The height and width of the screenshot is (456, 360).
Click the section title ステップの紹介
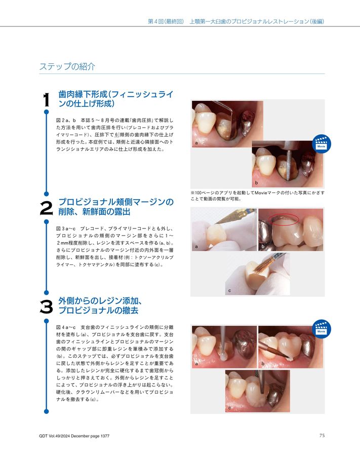point(67,67)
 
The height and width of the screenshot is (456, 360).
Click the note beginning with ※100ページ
point(257,196)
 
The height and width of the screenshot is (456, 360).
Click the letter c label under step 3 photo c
point(230,407)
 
